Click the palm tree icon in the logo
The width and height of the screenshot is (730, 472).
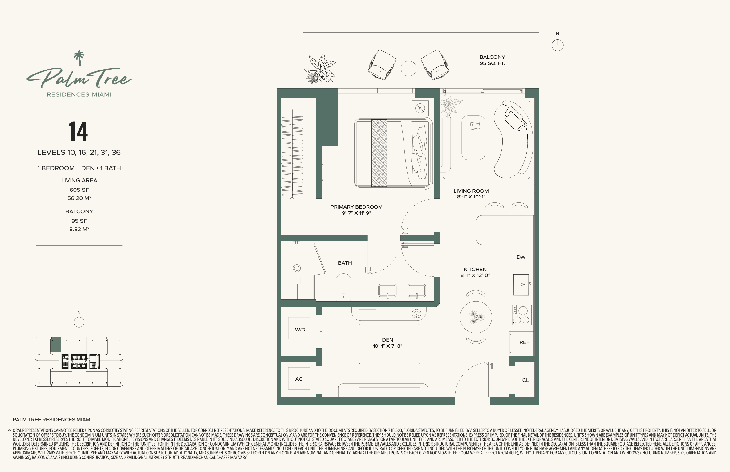(x=79, y=58)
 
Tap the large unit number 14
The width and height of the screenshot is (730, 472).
(x=78, y=131)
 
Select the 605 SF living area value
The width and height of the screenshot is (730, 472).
(x=79, y=190)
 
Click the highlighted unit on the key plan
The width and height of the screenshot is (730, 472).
(x=56, y=345)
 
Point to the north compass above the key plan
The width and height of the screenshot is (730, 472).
(x=79, y=322)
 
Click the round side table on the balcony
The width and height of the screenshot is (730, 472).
(x=408, y=68)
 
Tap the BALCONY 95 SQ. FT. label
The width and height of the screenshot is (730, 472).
(x=492, y=60)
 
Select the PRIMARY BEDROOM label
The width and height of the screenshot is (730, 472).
(x=356, y=207)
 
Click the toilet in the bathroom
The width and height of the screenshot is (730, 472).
(x=343, y=287)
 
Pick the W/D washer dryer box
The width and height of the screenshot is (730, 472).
(x=299, y=328)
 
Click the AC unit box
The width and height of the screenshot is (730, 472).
(x=299, y=378)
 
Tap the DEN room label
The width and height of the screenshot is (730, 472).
(x=387, y=340)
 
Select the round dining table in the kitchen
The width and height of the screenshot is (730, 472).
(x=476, y=317)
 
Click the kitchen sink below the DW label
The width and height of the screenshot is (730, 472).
(x=521, y=285)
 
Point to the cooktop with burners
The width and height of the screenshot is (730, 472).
(x=522, y=315)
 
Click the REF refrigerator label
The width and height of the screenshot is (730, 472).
(x=524, y=342)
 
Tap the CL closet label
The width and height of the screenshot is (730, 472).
(x=525, y=380)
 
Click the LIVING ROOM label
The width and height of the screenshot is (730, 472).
(x=471, y=191)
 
